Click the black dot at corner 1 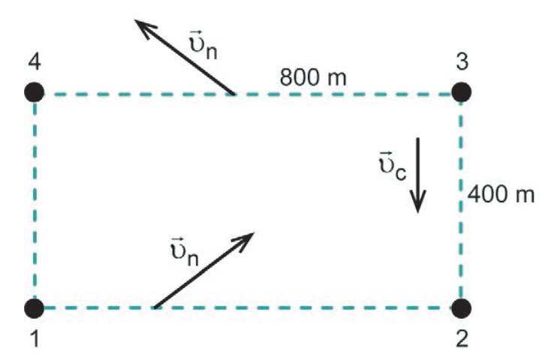[x=35, y=308]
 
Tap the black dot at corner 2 [x=461, y=308]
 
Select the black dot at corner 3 [x=461, y=91]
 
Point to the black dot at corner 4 [x=35, y=91]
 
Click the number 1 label [x=35, y=338]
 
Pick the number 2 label [x=462, y=338]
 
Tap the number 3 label [x=462, y=61]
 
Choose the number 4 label [x=35, y=61]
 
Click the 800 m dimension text [x=313, y=77]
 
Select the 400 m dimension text [x=501, y=194]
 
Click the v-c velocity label [x=392, y=166]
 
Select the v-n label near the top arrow [x=203, y=45]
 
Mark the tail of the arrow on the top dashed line [x=233, y=94]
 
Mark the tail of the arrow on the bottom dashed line [x=155, y=307]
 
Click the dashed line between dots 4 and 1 [x=35, y=199]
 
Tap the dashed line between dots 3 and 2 [x=461, y=199]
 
